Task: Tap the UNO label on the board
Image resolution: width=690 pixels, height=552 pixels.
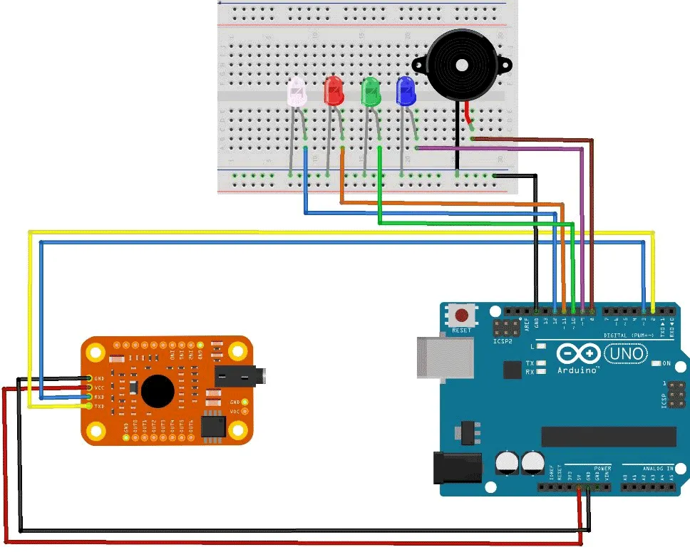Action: pos(625,353)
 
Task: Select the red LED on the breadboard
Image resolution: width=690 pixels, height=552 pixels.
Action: pos(333,91)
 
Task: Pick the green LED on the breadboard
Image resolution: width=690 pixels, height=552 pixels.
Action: pos(371,92)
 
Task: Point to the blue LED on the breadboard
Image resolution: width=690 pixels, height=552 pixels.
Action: pos(406,92)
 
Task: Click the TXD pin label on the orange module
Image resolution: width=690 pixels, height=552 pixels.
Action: pos(100,406)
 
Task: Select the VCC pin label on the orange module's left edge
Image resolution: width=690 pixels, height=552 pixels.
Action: pos(100,387)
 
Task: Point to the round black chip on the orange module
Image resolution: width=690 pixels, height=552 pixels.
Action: pos(158,390)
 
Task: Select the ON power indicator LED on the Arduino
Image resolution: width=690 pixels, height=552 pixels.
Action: pos(656,363)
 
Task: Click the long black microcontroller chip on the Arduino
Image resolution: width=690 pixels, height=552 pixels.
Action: pos(608,437)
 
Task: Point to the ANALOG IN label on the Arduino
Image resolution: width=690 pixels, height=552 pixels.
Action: pos(648,469)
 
